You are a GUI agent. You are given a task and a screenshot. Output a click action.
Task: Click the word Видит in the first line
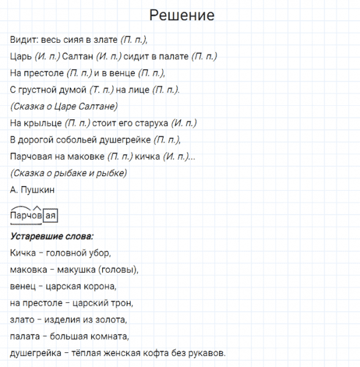[23, 40]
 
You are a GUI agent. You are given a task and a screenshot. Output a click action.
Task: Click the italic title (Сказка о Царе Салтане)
[63, 106]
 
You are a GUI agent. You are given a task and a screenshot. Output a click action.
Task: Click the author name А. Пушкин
[32, 190]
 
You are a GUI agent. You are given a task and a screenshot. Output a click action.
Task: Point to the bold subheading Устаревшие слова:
[52, 236]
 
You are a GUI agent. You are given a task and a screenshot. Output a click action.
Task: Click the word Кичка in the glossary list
[23, 253]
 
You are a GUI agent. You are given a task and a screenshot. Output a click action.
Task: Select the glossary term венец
[23, 286]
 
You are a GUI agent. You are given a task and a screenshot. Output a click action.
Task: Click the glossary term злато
[22, 319]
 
